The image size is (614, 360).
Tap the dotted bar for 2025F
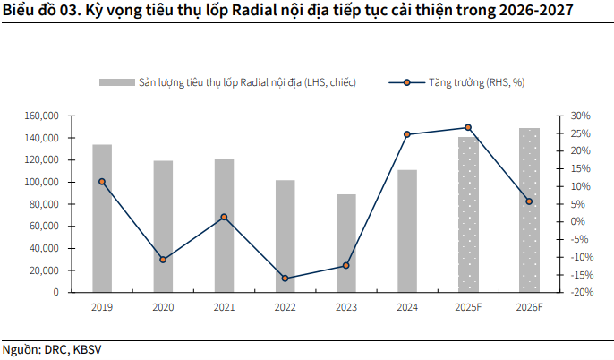pyautogui.click(x=468, y=214)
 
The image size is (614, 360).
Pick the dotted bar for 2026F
pyautogui.click(x=529, y=210)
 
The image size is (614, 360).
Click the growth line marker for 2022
pyautogui.click(x=286, y=279)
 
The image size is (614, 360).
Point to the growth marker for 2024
pyautogui.click(x=407, y=134)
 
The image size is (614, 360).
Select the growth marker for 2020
pyautogui.click(x=163, y=260)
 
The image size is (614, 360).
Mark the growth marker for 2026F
pyautogui.click(x=529, y=201)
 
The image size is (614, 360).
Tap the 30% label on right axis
pyautogui.click(x=581, y=116)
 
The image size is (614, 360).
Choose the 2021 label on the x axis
pyautogui.click(x=224, y=307)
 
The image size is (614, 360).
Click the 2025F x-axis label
pyautogui.click(x=468, y=307)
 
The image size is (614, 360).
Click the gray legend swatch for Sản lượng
pyautogui.click(x=115, y=82)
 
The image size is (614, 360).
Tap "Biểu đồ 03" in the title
pyautogui.click(x=37, y=10)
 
